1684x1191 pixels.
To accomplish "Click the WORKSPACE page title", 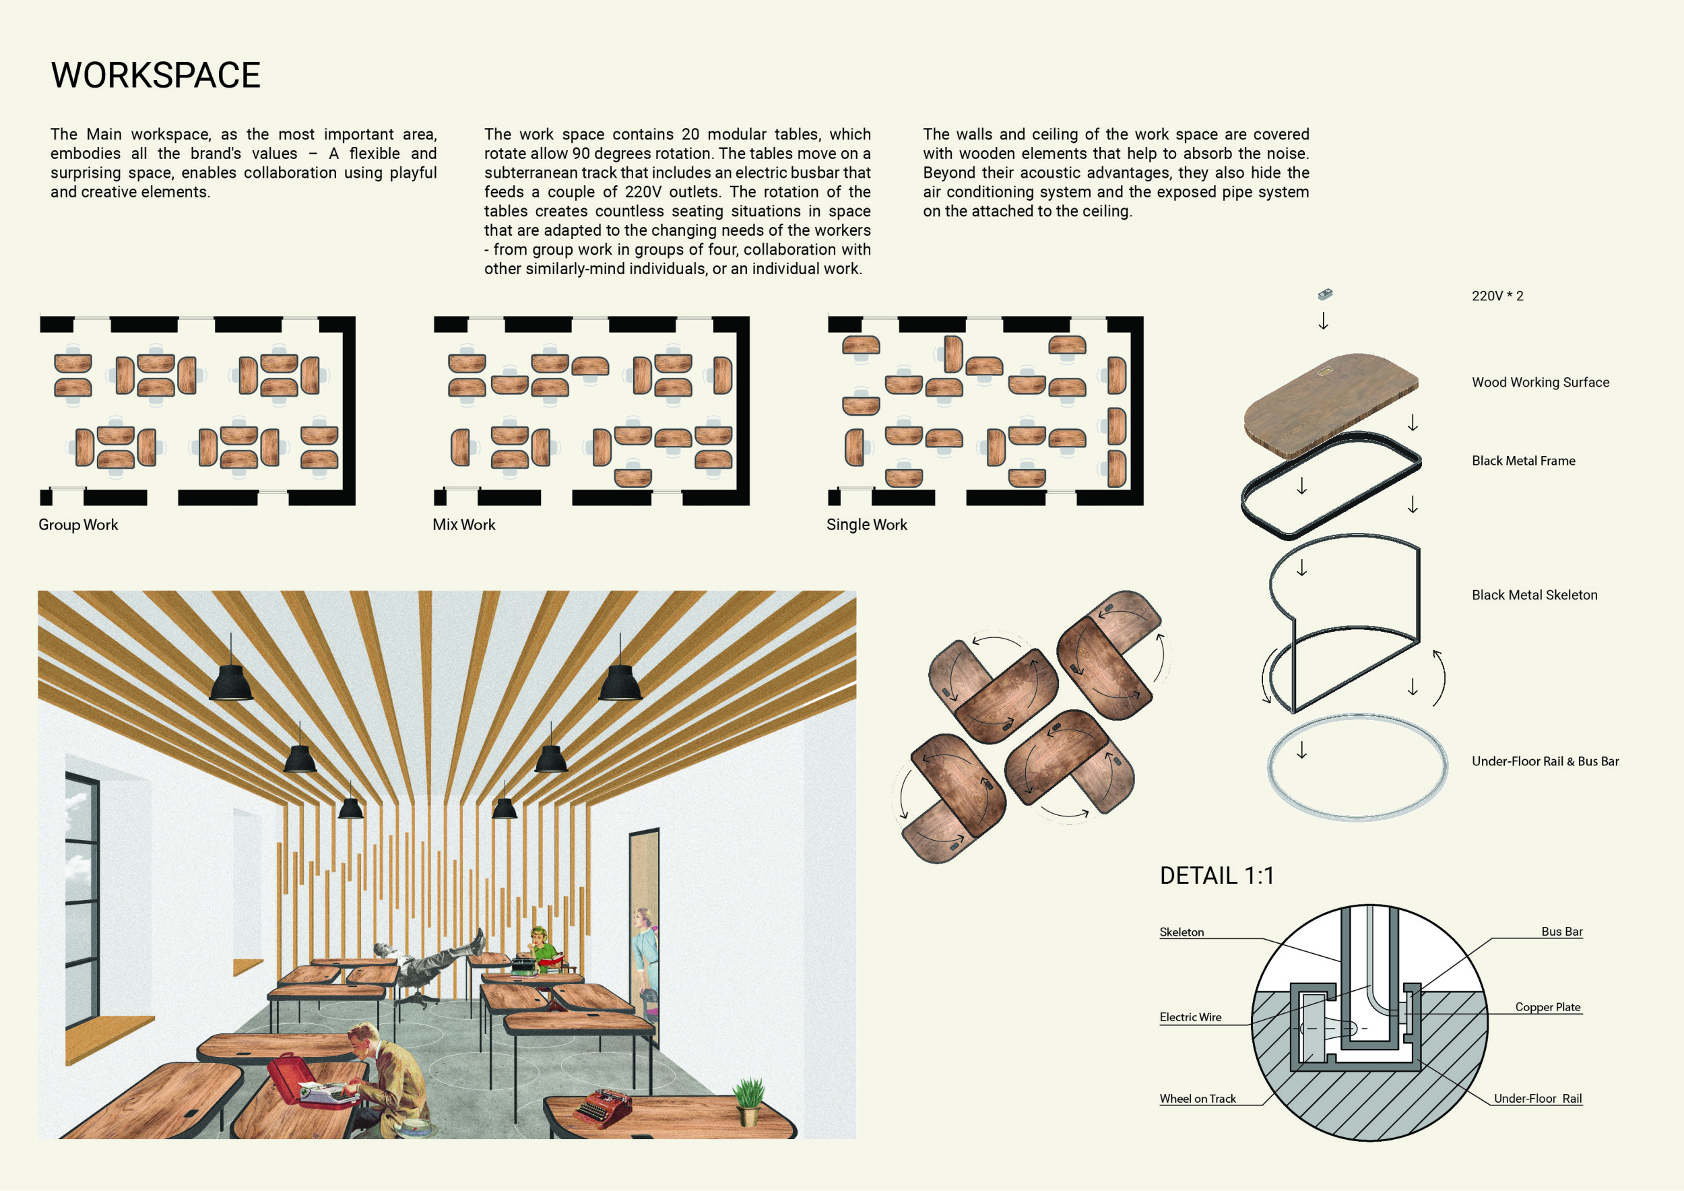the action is (x=156, y=75).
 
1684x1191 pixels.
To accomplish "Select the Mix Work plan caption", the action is (x=463, y=524).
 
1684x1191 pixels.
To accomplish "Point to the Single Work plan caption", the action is (x=866, y=524).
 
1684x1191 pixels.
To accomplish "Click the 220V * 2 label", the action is (x=1497, y=296).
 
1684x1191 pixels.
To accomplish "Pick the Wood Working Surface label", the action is (x=1541, y=382).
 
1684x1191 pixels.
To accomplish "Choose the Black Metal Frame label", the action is (x=1524, y=461).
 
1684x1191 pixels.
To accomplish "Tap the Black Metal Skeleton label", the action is (x=1534, y=595).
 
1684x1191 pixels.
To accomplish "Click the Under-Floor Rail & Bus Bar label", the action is (x=1545, y=761).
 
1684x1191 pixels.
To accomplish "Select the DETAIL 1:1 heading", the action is (x=1217, y=875).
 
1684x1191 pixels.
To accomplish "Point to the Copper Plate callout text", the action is (x=1547, y=1007).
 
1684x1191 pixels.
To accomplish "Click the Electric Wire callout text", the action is (x=1190, y=1017).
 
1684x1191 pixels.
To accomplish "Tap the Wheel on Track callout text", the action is (x=1198, y=1099).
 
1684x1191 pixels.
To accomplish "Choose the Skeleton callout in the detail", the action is (x=1181, y=932).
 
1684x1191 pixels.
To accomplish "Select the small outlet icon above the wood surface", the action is (x=1324, y=294).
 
